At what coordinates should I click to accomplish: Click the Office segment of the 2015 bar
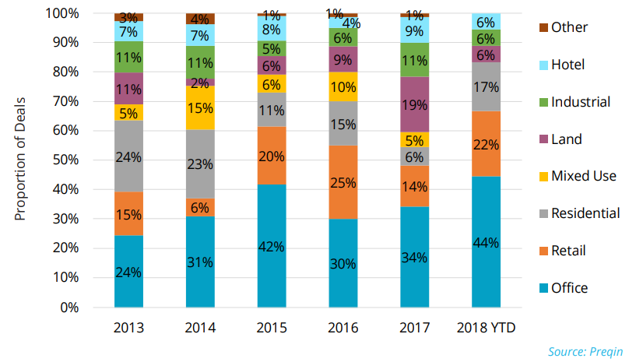[272, 246]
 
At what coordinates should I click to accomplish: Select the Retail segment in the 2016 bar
[343, 182]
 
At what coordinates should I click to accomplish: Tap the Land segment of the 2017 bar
[415, 104]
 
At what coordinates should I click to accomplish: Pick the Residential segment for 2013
[129, 156]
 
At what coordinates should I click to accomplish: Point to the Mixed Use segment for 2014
[201, 107]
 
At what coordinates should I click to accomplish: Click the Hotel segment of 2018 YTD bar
[487, 22]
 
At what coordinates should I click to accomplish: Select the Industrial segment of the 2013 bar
[129, 57]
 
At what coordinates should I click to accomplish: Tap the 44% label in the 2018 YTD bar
[487, 242]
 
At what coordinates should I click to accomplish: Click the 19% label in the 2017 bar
[415, 104]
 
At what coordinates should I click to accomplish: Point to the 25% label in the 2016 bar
[343, 182]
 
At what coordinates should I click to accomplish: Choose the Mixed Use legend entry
[577, 176]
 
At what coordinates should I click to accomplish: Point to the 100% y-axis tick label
[61, 13]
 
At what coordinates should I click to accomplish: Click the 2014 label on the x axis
[201, 328]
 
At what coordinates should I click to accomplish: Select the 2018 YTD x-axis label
[487, 328]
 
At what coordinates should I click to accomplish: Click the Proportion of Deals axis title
[22, 160]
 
